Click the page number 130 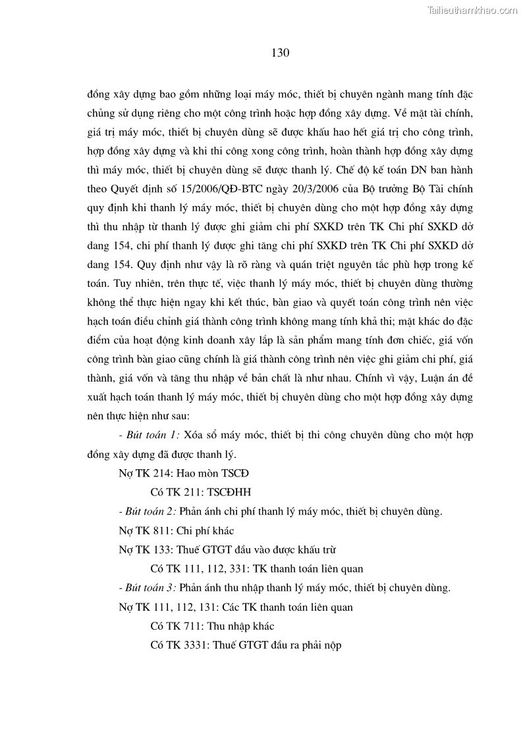281,53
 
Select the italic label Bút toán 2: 153,511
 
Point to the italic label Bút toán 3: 153,588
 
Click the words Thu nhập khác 244,626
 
